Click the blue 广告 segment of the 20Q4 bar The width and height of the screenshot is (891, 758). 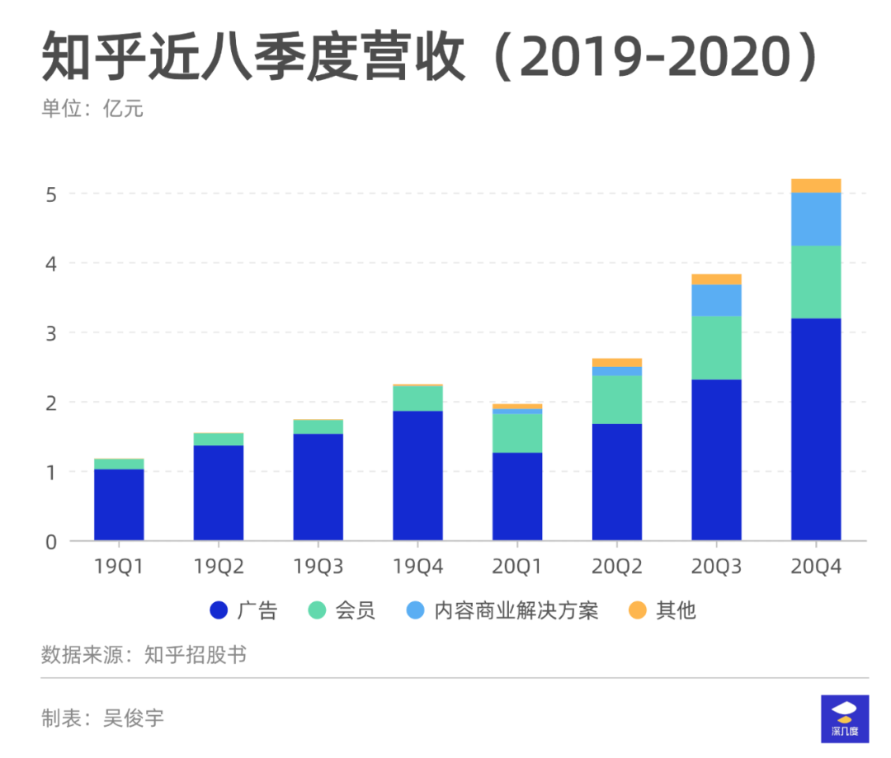click(815, 429)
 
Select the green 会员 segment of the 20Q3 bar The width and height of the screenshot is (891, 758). click(716, 347)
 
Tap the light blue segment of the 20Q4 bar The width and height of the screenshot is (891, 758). click(815, 219)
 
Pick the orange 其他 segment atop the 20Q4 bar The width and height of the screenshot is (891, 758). click(815, 186)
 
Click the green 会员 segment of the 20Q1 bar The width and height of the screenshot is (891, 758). click(517, 433)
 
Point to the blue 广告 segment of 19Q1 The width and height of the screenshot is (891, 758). click(119, 505)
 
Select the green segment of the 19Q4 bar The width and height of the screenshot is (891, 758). click(417, 398)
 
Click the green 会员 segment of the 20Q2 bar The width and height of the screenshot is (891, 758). click(616, 399)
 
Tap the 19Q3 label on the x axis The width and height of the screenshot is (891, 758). click(318, 567)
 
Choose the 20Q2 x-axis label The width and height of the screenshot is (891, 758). click(616, 567)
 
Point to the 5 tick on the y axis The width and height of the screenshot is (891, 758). click(51, 195)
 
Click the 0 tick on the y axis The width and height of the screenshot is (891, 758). click(51, 542)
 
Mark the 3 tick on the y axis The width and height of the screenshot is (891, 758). click(51, 333)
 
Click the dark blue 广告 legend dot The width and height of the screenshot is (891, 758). click(218, 610)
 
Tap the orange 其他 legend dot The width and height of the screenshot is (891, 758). click(637, 610)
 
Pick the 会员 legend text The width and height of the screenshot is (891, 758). click(355, 610)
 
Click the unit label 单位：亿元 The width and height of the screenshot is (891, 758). click(92, 108)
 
